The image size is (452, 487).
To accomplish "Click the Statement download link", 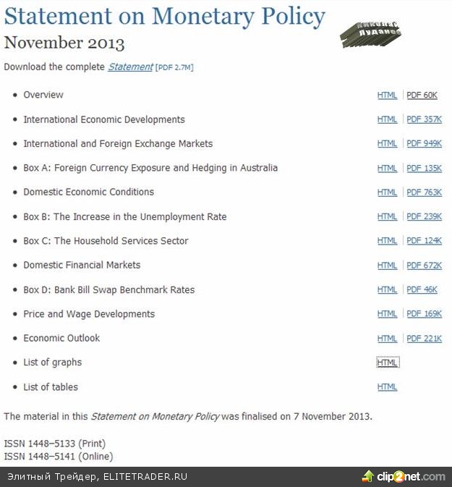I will point(130,67).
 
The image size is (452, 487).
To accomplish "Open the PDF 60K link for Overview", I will point(422,95).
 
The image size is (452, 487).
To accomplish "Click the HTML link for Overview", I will point(387,95).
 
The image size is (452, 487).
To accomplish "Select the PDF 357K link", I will point(424,119).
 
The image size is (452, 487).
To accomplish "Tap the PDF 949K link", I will point(424,144).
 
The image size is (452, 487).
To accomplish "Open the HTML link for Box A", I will point(387,168).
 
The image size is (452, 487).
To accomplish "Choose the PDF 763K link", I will point(424,192).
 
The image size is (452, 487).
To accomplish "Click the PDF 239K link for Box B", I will point(424,216).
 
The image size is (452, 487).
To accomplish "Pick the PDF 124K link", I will point(424,241).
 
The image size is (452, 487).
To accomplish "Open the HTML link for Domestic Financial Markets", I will point(387,266).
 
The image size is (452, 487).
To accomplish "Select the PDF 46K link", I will point(422,289).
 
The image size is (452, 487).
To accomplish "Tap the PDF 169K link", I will point(424,314).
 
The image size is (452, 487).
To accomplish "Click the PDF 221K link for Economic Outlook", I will point(424,338).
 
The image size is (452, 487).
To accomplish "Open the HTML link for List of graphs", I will point(387,363).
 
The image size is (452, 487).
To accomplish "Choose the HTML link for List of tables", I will point(387,387).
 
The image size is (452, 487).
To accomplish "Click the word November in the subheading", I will point(43,42).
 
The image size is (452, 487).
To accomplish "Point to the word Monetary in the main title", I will point(192,16).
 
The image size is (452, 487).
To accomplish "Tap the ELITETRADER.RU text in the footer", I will point(145,477).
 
